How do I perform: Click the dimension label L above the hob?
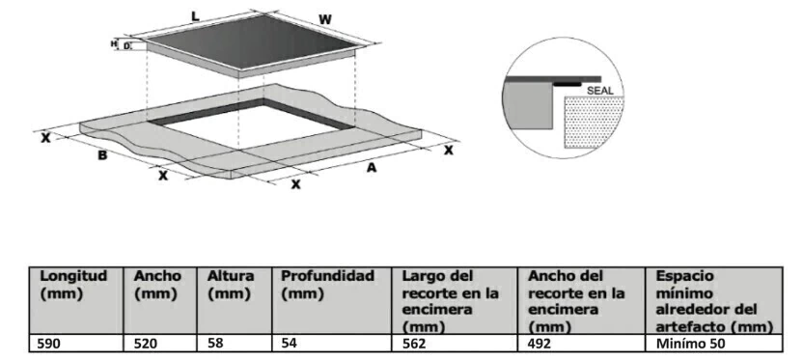coord(195,16)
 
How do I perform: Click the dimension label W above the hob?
coord(325,20)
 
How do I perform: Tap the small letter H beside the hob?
coord(114,44)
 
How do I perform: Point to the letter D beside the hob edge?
coord(126,46)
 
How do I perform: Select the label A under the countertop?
coord(372,167)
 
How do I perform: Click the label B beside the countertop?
coord(102,154)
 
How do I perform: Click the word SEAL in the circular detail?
coord(599,91)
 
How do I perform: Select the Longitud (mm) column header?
coord(73,285)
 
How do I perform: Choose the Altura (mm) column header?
coord(230,285)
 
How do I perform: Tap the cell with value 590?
coord(76,343)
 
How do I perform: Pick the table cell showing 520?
coord(160,343)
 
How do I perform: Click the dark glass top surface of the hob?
coord(251,41)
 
